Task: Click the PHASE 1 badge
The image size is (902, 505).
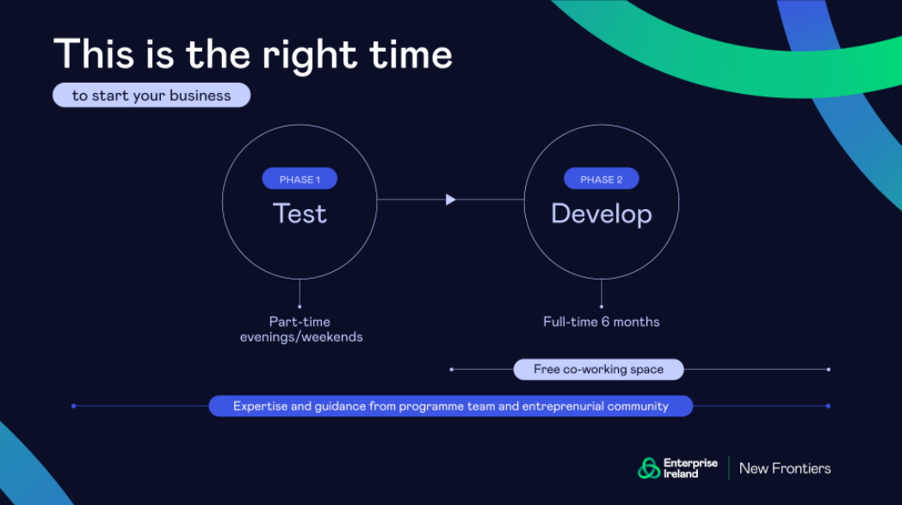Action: tap(300, 179)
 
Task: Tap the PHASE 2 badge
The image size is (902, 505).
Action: tap(601, 179)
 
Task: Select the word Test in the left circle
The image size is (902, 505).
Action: tap(300, 213)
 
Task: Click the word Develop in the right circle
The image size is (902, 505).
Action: tap(601, 214)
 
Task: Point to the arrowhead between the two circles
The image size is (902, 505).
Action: tap(450, 200)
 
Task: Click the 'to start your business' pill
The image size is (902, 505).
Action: tap(151, 95)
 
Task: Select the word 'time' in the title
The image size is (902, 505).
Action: tap(411, 55)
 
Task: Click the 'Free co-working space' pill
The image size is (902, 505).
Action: tap(598, 369)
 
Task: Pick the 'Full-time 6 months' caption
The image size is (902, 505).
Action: tap(601, 322)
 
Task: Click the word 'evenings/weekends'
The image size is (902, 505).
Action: tap(301, 337)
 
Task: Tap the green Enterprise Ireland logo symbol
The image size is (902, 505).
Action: tap(649, 468)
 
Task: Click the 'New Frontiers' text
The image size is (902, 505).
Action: tap(785, 469)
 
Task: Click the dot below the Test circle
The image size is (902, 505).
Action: tap(300, 306)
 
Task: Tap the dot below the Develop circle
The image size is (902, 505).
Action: tap(601, 306)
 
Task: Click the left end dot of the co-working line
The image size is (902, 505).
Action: tap(452, 369)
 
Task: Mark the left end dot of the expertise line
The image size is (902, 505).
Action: tap(74, 406)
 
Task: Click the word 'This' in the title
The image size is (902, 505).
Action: tap(94, 55)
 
